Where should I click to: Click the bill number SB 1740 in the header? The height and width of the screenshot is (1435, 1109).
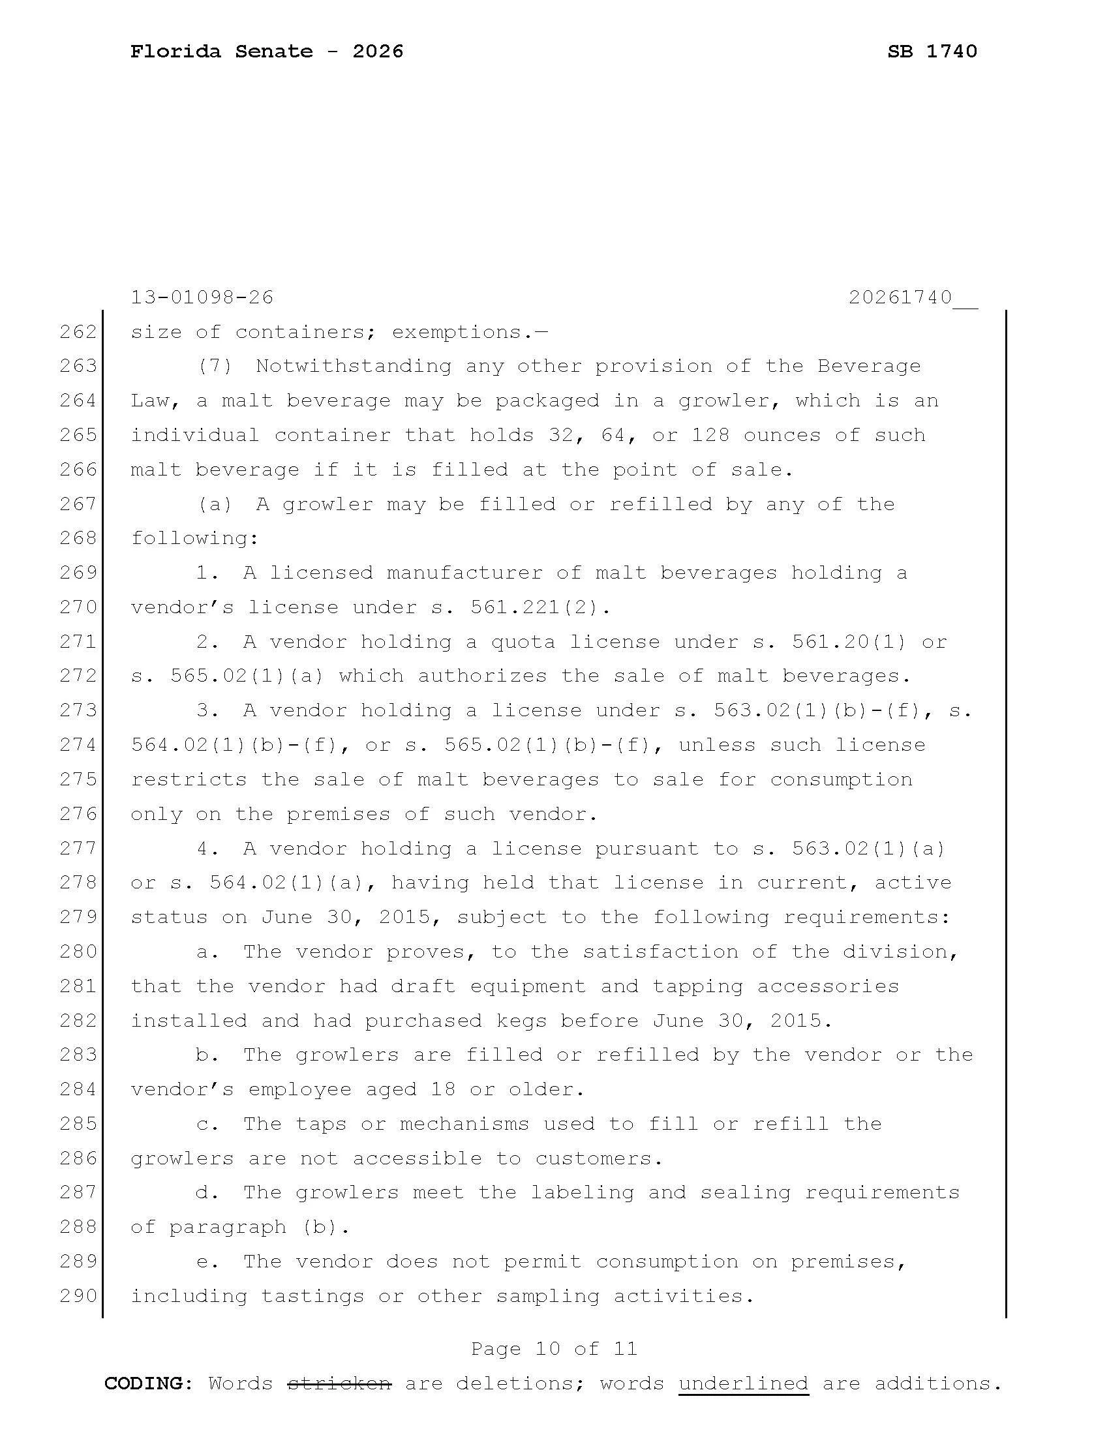point(932,52)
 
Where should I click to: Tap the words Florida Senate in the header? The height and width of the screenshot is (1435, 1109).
point(221,52)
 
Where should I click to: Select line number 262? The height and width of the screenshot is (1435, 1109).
point(78,332)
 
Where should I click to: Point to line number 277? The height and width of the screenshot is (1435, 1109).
point(78,848)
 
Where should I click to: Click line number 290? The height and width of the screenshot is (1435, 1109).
point(78,1295)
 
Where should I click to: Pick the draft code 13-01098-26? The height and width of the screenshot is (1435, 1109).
point(202,297)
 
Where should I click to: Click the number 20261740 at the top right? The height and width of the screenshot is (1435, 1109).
point(900,297)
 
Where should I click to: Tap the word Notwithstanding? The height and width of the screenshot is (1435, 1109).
point(354,366)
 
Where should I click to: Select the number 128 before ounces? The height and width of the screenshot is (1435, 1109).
point(710,435)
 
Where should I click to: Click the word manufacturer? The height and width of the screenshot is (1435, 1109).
point(464,573)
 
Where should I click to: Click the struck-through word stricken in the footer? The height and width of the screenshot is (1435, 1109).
point(340,1383)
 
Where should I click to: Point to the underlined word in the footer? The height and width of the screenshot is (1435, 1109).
point(743,1383)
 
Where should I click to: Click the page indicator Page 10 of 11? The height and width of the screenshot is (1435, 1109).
point(554,1349)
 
